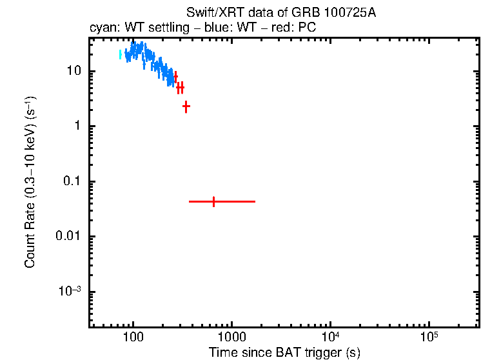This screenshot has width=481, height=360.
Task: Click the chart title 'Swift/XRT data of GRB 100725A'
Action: click(280, 14)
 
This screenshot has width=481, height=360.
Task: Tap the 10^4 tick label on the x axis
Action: click(330, 337)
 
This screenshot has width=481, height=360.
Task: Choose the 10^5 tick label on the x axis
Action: click(429, 337)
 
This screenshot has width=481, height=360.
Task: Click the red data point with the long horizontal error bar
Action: click(213, 201)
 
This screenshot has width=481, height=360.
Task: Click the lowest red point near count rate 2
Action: click(186, 106)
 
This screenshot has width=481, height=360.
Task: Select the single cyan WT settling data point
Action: click(121, 55)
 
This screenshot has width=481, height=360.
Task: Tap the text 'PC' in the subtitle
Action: click(306, 28)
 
